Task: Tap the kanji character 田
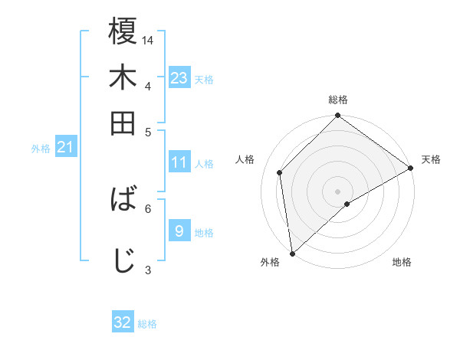tap(123, 123)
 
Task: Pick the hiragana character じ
tap(123, 260)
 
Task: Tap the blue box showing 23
tap(179, 78)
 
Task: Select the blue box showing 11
tap(179, 162)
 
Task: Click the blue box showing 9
tap(179, 230)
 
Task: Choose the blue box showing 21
tap(65, 147)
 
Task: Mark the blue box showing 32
tap(123, 322)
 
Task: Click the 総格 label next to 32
tap(148, 324)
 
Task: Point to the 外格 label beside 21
tap(41, 149)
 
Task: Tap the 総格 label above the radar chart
tap(338, 100)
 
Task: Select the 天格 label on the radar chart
tap(431, 159)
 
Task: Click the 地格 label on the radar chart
tap(402, 262)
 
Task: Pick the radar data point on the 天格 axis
tap(411, 168)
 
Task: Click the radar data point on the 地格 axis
tap(347, 204)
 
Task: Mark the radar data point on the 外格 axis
tap(292, 254)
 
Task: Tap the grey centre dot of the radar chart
tap(338, 191)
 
